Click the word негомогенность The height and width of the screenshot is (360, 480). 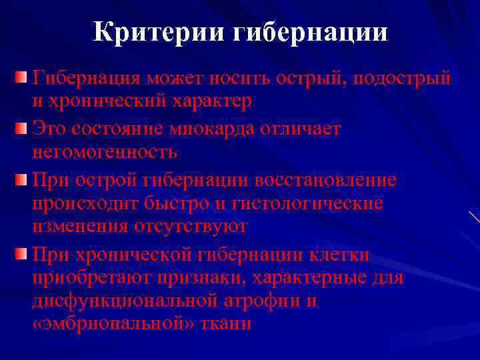point(105,153)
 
